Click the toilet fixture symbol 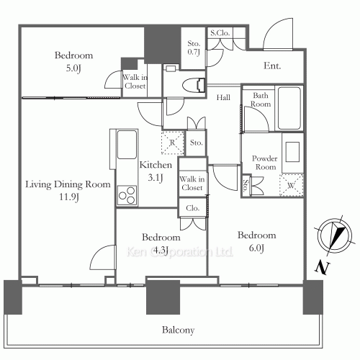point(194,85)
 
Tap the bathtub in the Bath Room point(289,108)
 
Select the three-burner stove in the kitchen point(127,195)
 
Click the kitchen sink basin point(127,145)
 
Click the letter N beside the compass point(322,268)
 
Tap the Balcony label point(178,330)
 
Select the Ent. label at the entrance point(272,66)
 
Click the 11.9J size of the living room point(69,197)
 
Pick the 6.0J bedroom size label point(256,248)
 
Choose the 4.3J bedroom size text point(161,250)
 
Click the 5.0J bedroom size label point(73,68)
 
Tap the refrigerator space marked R point(173,143)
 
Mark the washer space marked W point(291,185)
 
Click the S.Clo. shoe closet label point(220,33)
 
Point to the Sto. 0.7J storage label point(194,48)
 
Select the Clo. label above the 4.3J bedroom point(192,208)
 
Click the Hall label point(223,97)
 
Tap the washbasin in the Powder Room point(292,152)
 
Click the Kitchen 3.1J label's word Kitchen point(156,165)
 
